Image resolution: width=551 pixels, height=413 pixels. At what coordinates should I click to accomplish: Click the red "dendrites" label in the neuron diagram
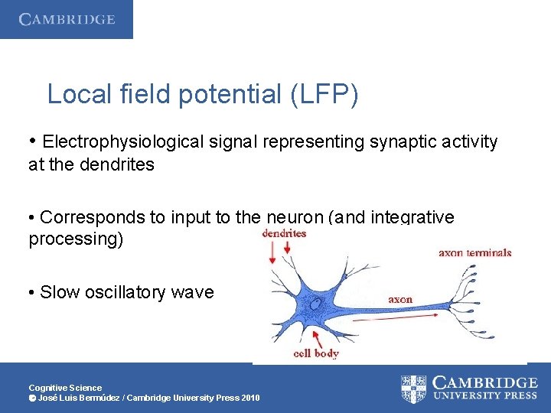click(284, 233)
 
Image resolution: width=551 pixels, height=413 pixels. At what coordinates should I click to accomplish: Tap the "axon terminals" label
click(474, 252)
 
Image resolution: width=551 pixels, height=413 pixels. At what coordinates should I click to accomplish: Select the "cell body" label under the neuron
click(316, 353)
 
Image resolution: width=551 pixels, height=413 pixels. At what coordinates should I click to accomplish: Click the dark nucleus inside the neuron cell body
click(315, 304)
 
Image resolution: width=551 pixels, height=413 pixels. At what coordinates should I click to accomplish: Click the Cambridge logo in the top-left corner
click(67, 19)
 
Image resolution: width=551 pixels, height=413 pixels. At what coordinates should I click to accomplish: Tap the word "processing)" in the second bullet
click(75, 239)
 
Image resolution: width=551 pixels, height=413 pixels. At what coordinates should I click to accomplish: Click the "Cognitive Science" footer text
click(65, 388)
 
